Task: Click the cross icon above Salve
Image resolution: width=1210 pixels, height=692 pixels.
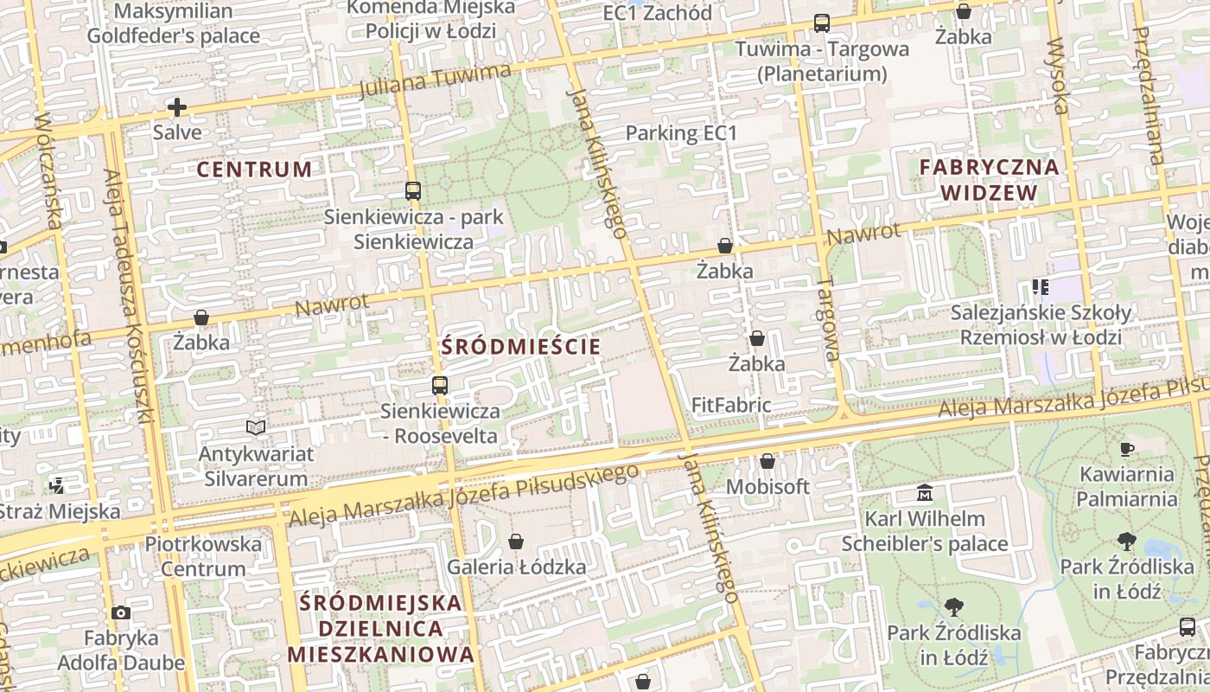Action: tap(177, 107)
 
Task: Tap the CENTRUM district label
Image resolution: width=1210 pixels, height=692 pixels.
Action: tap(254, 170)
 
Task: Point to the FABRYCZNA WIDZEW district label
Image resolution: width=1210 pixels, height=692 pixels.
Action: tap(989, 180)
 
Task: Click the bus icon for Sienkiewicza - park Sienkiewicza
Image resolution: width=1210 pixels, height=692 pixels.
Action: tap(413, 191)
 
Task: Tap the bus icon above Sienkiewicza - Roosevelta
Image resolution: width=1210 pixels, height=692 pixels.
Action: tap(440, 386)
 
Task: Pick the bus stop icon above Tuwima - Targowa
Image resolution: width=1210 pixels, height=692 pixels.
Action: tap(821, 24)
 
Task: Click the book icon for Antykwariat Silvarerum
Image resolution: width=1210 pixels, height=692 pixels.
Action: tap(255, 427)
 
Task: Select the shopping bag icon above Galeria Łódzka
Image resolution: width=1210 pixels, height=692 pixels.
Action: tap(516, 542)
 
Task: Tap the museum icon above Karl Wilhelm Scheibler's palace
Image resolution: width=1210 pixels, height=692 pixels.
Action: tap(925, 494)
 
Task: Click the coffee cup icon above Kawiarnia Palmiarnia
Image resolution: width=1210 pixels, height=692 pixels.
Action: tap(1127, 449)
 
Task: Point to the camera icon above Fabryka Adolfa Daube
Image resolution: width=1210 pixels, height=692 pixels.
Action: tap(121, 612)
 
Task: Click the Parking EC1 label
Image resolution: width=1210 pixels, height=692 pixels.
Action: tap(681, 133)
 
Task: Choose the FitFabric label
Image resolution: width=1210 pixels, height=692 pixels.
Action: tap(731, 405)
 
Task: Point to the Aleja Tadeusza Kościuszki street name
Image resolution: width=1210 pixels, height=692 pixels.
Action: tap(128, 294)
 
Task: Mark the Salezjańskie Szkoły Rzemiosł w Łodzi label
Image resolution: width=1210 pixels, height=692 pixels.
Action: tap(1041, 324)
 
